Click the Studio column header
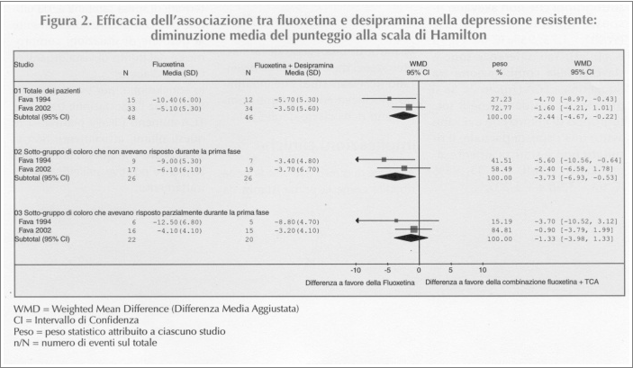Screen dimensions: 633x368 [23, 65]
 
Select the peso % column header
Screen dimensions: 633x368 [500, 68]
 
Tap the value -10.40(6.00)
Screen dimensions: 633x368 [176, 100]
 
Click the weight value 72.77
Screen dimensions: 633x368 [501, 108]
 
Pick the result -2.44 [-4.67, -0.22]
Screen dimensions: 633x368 [575, 117]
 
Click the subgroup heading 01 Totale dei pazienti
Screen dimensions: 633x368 [47, 91]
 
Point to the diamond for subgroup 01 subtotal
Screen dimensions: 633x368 [402, 116]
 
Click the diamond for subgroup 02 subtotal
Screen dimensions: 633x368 [395, 176]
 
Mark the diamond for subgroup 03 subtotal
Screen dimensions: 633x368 [411, 238]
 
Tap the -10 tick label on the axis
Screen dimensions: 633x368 [356, 270]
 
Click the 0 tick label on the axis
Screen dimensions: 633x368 [419, 270]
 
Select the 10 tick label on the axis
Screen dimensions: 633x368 [483, 270]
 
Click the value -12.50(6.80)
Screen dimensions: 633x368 [176, 222]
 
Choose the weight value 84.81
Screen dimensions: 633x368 [501, 230]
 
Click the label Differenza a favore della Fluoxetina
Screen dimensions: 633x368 [359, 283]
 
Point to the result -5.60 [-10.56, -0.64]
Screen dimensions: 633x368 [577, 160]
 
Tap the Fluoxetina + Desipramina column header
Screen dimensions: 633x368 [294, 66]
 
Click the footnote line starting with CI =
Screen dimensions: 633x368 [76, 320]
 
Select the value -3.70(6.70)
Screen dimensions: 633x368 [296, 169]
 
